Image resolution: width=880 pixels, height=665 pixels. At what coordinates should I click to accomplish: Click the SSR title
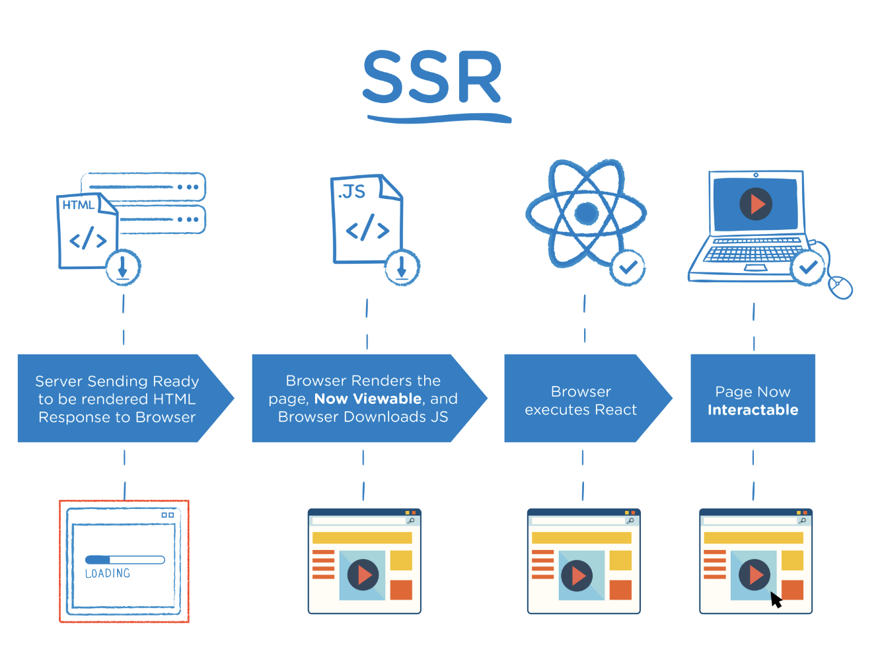point(433,78)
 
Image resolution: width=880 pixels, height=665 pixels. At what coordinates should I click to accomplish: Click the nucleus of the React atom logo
point(586,213)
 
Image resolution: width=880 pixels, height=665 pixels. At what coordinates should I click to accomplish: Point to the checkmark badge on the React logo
point(628,268)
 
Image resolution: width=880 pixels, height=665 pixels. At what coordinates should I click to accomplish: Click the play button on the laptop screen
point(756,204)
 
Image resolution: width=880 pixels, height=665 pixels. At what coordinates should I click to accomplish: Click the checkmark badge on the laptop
point(807,268)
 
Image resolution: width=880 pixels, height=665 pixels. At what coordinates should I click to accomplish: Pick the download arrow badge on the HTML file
point(123,268)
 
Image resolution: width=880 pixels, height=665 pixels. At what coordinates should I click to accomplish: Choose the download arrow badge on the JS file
point(402,268)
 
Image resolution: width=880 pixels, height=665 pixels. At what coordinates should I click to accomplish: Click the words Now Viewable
point(368,399)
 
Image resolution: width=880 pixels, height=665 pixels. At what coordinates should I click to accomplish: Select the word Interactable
point(752,410)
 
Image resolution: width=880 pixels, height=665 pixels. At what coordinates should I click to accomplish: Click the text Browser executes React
point(581,401)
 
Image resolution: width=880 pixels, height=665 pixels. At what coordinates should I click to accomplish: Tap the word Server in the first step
point(59,381)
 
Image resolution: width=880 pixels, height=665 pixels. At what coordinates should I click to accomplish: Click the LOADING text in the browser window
point(108,574)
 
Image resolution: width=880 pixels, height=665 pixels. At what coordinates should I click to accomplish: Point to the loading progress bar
point(125,560)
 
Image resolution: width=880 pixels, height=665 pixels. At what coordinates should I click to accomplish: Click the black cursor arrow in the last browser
point(776,600)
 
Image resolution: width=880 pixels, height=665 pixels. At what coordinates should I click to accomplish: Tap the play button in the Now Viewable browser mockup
point(363,575)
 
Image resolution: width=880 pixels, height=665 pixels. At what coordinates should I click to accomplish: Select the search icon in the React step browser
point(630,521)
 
